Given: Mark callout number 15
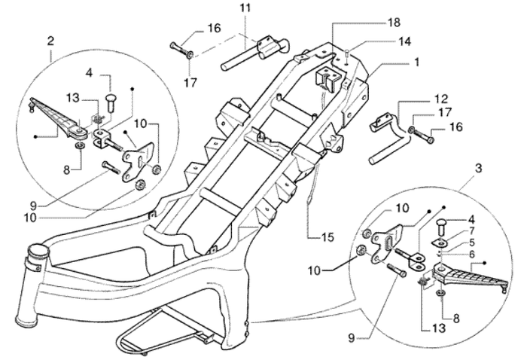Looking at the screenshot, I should coord(324,238).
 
